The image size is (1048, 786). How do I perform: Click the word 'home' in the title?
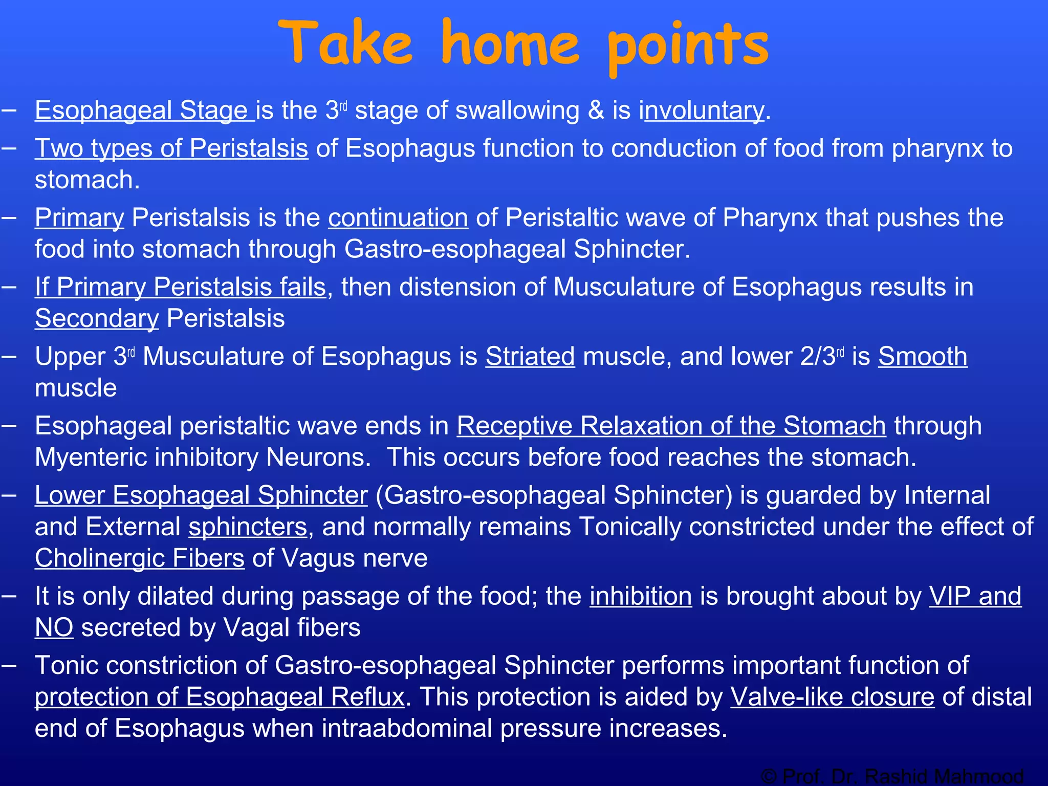[x=510, y=45]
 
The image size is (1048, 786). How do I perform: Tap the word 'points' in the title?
[x=688, y=46]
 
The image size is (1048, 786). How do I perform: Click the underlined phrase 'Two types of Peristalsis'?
[x=171, y=148]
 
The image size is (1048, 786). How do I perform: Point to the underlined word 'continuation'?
[x=398, y=218]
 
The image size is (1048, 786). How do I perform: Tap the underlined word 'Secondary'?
[x=97, y=318]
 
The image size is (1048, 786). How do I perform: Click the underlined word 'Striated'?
[x=530, y=356]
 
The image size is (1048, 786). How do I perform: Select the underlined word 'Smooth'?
[x=923, y=356]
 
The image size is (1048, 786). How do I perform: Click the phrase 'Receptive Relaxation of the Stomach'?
[x=671, y=426]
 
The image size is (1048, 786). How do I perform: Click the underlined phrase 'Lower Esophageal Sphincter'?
[x=201, y=495]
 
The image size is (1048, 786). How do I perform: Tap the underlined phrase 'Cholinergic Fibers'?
[x=139, y=558]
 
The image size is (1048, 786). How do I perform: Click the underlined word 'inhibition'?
[x=641, y=596]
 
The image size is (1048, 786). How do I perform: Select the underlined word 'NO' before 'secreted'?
[x=54, y=628]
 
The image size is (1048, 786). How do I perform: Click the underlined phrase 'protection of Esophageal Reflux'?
[x=220, y=697]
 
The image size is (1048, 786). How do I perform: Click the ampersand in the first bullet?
[x=596, y=111]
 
